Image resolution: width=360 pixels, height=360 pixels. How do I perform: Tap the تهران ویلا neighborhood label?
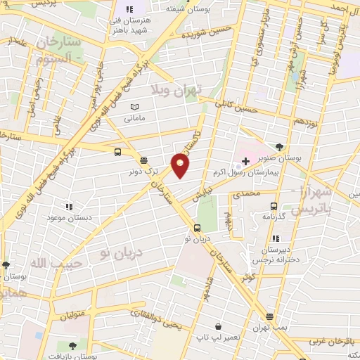point(176,89)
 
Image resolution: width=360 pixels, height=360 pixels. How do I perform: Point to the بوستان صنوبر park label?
point(281,158)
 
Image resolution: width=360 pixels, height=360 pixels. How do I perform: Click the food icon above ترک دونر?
point(143,160)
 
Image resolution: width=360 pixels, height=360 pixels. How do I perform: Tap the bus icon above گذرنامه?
point(273,207)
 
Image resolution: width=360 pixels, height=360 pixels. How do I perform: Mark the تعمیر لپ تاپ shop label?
point(219,337)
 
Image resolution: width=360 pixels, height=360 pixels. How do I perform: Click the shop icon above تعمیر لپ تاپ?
point(219,327)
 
